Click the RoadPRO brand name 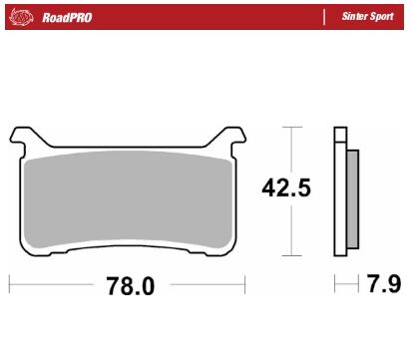click(x=68, y=17)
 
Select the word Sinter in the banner click(x=356, y=17)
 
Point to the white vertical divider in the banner click(x=324, y=17)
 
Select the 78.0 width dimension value click(x=131, y=286)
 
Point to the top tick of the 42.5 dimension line click(x=290, y=128)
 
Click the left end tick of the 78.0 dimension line click(x=10, y=286)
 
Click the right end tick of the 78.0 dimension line click(x=245, y=286)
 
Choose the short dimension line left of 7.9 click(x=346, y=286)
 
